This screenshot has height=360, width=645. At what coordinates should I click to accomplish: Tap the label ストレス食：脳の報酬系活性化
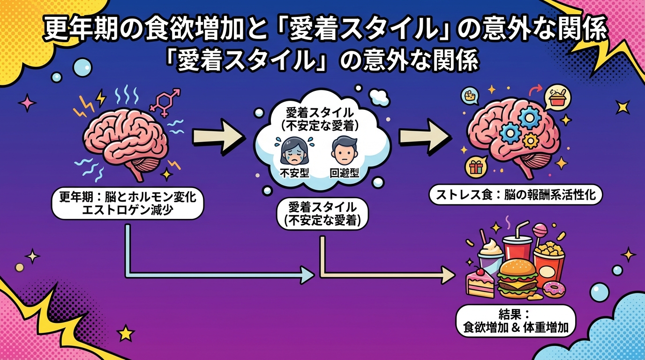(516, 195)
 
